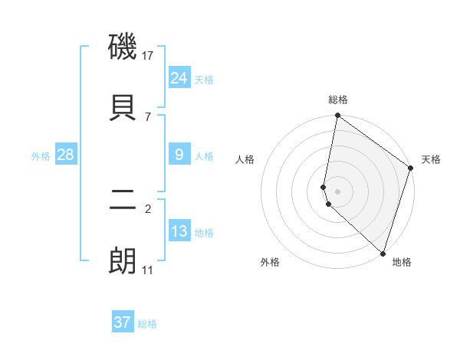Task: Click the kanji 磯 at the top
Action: (x=123, y=47)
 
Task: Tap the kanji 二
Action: (x=123, y=201)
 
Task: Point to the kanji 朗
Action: (x=123, y=261)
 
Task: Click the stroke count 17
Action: (x=149, y=56)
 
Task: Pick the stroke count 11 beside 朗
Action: (x=147, y=270)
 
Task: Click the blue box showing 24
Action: (x=179, y=78)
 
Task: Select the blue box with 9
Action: (x=179, y=155)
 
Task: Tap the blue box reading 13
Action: (x=179, y=231)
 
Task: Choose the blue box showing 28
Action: (x=66, y=155)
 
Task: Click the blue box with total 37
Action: (x=123, y=322)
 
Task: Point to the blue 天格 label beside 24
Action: (x=204, y=80)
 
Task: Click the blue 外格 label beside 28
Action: (x=41, y=156)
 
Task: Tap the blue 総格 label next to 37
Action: (x=147, y=324)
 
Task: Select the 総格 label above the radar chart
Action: (x=338, y=100)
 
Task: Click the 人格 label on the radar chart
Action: (x=245, y=159)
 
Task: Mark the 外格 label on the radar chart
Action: (x=269, y=262)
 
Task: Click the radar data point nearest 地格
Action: (x=383, y=253)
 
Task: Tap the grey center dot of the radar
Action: (x=337, y=191)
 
